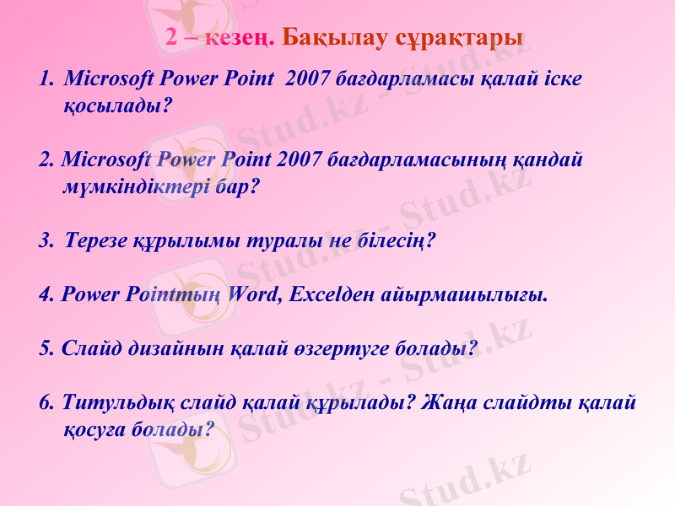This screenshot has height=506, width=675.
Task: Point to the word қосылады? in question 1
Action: [118, 106]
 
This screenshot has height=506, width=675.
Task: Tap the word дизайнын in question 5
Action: [173, 348]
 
